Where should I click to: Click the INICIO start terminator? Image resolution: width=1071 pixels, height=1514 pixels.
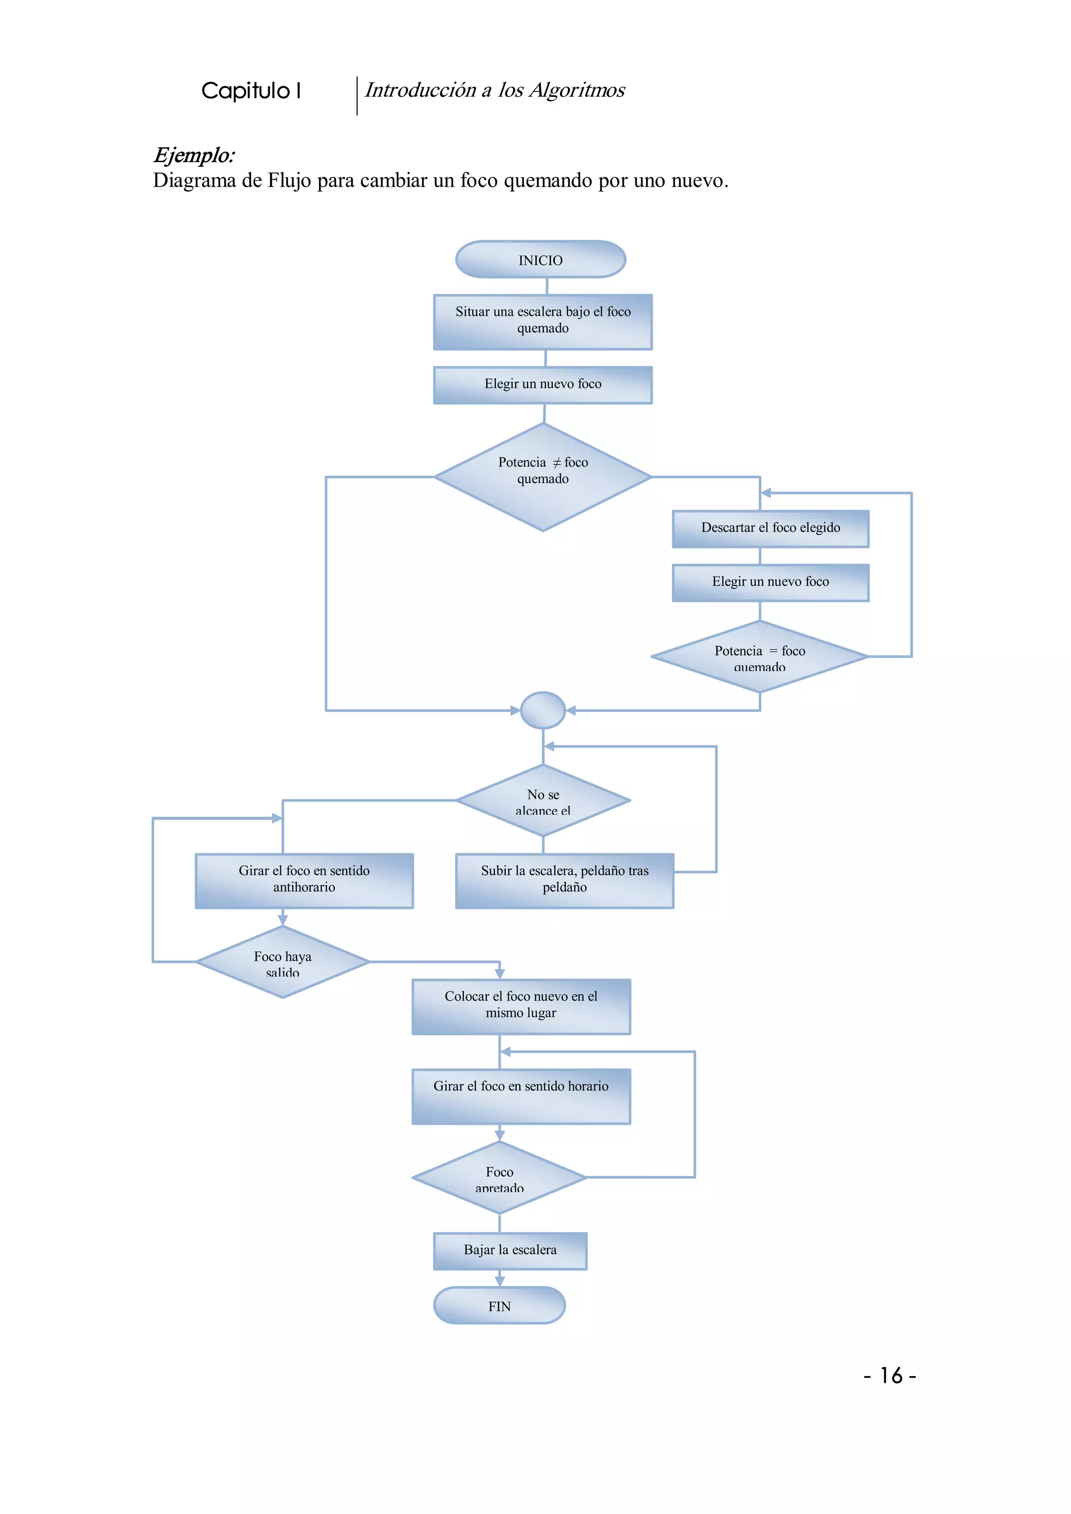pyautogui.click(x=540, y=260)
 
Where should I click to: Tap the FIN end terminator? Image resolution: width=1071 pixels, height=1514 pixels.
pyautogui.click(x=499, y=1305)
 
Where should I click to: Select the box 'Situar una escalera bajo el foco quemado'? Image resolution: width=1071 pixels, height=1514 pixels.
pyautogui.click(x=542, y=322)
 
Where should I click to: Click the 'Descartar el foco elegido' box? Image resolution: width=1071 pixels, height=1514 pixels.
pyautogui.click(x=770, y=528)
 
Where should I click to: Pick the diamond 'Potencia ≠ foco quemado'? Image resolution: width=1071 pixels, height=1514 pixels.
pyautogui.click(x=542, y=476)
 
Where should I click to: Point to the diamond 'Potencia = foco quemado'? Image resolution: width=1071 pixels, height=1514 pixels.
pyautogui.click(x=759, y=657)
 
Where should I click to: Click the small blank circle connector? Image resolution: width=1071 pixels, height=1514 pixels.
pyautogui.click(x=542, y=710)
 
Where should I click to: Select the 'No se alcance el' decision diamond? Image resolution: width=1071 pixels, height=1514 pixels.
pyautogui.click(x=542, y=800)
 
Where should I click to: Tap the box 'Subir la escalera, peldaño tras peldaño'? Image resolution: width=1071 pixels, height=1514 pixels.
pyautogui.click(x=564, y=880)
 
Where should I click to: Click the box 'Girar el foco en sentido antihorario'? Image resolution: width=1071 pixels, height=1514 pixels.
pyautogui.click(x=304, y=880)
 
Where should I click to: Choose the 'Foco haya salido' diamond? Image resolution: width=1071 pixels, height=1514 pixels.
pyautogui.click(x=282, y=962)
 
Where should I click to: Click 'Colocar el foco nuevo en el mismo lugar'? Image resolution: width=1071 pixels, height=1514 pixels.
pyautogui.click(x=520, y=1006)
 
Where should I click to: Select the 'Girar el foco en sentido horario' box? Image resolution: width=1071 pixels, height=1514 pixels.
pyautogui.click(x=520, y=1096)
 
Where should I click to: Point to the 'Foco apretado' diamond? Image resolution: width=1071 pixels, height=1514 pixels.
pyautogui.click(x=499, y=1178)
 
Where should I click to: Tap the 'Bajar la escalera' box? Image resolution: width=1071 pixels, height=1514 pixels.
pyautogui.click(x=510, y=1250)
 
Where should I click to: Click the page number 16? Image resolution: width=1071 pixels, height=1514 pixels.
pyautogui.click(x=890, y=1375)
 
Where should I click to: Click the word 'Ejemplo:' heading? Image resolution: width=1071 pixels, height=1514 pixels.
pyautogui.click(x=194, y=156)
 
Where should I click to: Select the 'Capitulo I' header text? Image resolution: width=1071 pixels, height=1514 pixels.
pyautogui.click(x=251, y=91)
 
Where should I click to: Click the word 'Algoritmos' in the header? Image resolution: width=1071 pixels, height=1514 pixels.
pyautogui.click(x=576, y=90)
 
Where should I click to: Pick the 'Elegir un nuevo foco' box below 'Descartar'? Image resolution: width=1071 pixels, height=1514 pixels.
pyautogui.click(x=770, y=582)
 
